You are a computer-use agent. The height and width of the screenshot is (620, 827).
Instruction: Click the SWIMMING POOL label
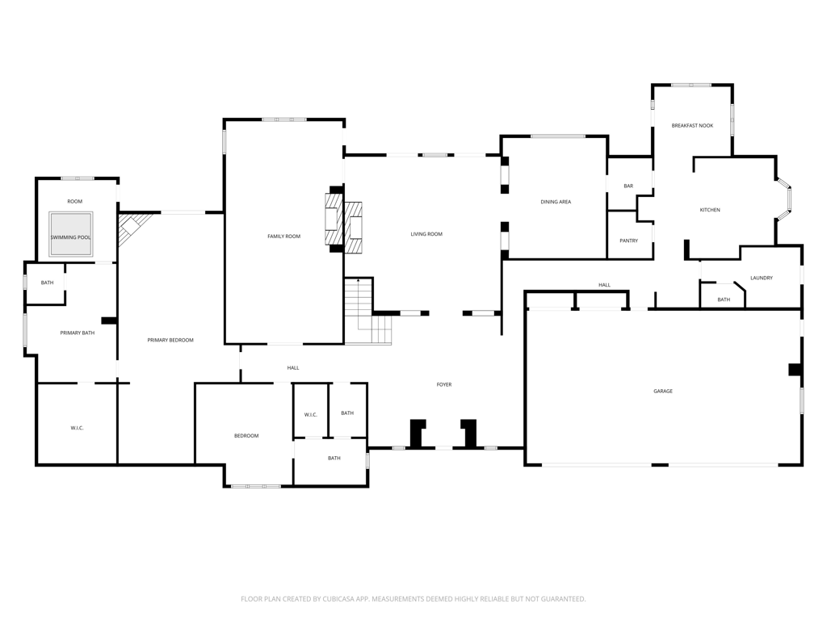71,237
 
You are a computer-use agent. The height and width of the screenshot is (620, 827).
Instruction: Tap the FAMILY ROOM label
283,237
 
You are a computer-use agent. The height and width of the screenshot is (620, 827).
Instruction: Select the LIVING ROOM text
426,234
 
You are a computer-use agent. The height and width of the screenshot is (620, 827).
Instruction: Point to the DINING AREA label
556,202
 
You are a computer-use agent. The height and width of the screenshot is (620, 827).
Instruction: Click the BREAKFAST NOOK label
692,125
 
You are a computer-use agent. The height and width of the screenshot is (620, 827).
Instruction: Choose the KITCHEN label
709,210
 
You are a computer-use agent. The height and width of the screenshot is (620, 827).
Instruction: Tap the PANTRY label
628,241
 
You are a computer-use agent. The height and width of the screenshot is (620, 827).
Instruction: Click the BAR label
628,186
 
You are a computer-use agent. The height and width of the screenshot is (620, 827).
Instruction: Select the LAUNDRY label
761,278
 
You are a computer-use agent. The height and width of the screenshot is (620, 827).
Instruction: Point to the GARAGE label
662,392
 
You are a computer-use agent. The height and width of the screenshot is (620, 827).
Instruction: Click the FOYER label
443,384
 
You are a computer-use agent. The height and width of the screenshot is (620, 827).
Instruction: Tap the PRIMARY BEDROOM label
170,340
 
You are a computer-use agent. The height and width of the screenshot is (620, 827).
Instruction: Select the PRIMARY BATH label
77,333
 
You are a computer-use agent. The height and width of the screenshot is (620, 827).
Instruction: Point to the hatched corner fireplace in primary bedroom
130,228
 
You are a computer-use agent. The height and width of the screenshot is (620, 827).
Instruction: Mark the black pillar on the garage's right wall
795,369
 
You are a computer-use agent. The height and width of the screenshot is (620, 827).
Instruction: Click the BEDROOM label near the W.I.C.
246,435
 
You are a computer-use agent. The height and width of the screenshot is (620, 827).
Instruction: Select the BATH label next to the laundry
723,300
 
